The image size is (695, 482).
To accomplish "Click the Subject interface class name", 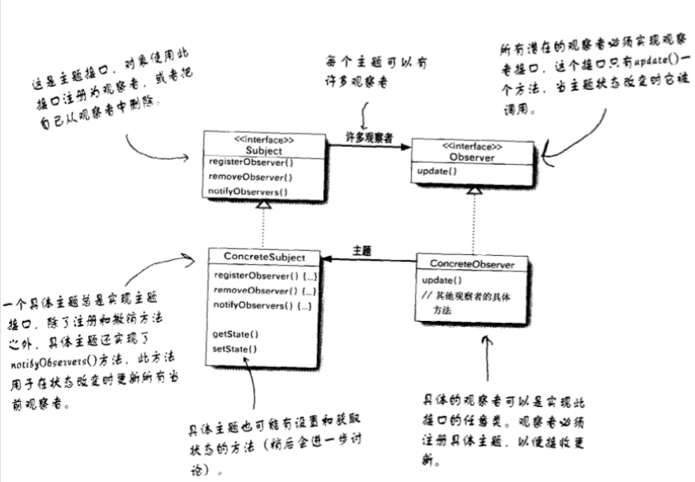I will point(263,151).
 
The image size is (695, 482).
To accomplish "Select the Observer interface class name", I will point(472,156).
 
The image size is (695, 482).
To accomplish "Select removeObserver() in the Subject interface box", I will point(250,177).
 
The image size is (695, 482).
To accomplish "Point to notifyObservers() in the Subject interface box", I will point(249,191).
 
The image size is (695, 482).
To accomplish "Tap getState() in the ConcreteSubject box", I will point(235,334).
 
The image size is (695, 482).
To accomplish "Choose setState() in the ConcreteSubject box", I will point(235,349).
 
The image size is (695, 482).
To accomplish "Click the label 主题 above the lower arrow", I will point(362,249).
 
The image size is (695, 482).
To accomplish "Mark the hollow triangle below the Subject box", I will point(262,204).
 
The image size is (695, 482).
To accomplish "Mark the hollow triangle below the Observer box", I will point(472,189).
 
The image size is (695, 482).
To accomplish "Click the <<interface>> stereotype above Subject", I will point(263,140).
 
